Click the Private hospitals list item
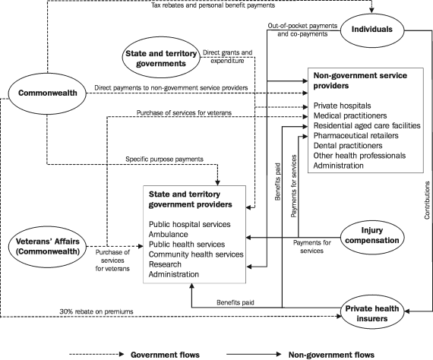point(342,105)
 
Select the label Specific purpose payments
point(164,159)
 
